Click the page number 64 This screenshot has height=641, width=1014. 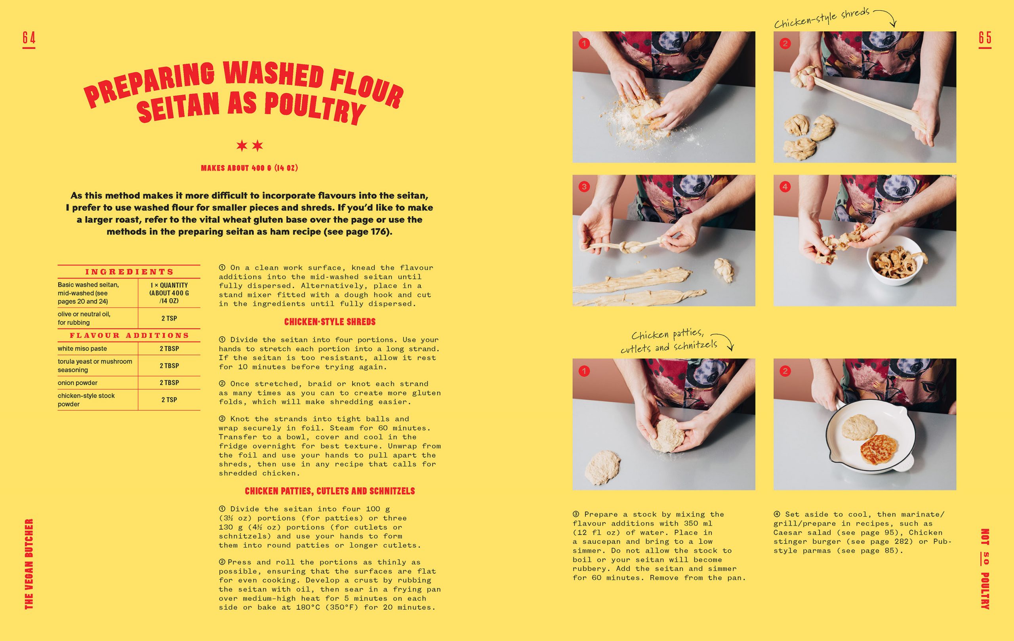29,38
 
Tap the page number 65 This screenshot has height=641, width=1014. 985,38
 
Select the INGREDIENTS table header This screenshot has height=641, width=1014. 129,272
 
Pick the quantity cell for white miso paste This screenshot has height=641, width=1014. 169,348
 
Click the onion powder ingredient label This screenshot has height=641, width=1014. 78,383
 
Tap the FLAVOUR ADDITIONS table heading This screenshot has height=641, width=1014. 129,335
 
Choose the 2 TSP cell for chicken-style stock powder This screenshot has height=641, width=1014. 169,400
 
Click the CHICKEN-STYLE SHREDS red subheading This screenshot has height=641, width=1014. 330,322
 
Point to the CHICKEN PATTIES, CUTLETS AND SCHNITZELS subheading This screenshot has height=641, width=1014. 330,491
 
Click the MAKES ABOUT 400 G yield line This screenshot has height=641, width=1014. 249,168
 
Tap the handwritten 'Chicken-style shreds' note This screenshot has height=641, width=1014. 822,18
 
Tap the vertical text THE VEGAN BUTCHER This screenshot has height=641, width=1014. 29,563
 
